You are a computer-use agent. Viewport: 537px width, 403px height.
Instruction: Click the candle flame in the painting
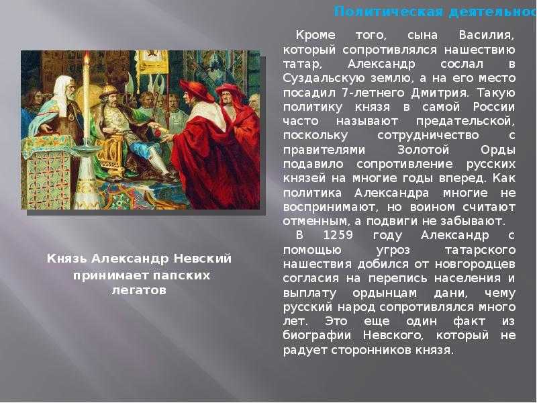coord(85,60)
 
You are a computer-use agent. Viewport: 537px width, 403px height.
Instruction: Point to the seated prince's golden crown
coord(108,90)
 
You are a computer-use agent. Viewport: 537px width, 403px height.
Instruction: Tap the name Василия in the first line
coord(486,35)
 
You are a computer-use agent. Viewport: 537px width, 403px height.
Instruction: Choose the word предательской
coord(470,121)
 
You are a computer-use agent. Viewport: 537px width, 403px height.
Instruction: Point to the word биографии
coord(315,336)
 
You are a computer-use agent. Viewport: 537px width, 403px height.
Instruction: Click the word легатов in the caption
coord(139,290)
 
